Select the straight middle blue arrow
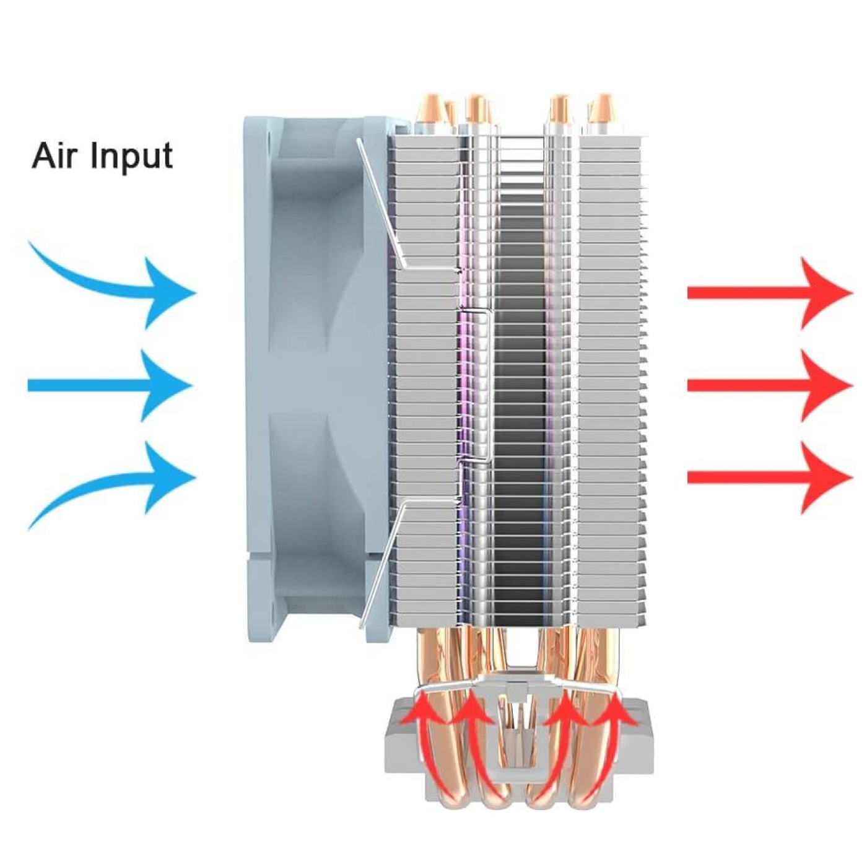coord(111,386)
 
